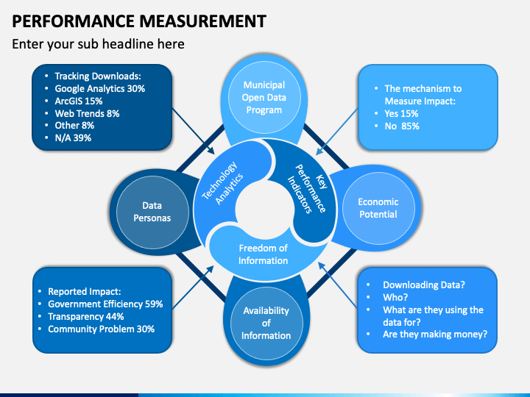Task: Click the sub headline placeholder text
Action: (98, 44)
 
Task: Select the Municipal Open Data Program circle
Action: (264, 98)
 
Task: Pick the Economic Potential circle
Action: (378, 208)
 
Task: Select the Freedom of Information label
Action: (263, 254)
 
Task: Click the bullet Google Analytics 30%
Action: (99, 88)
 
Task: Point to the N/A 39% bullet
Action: (74, 138)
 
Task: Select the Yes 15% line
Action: (401, 113)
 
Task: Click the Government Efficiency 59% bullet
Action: (105, 304)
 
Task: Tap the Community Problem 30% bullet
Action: (101, 329)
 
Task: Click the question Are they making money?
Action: (435, 335)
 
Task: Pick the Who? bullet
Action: (395, 297)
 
